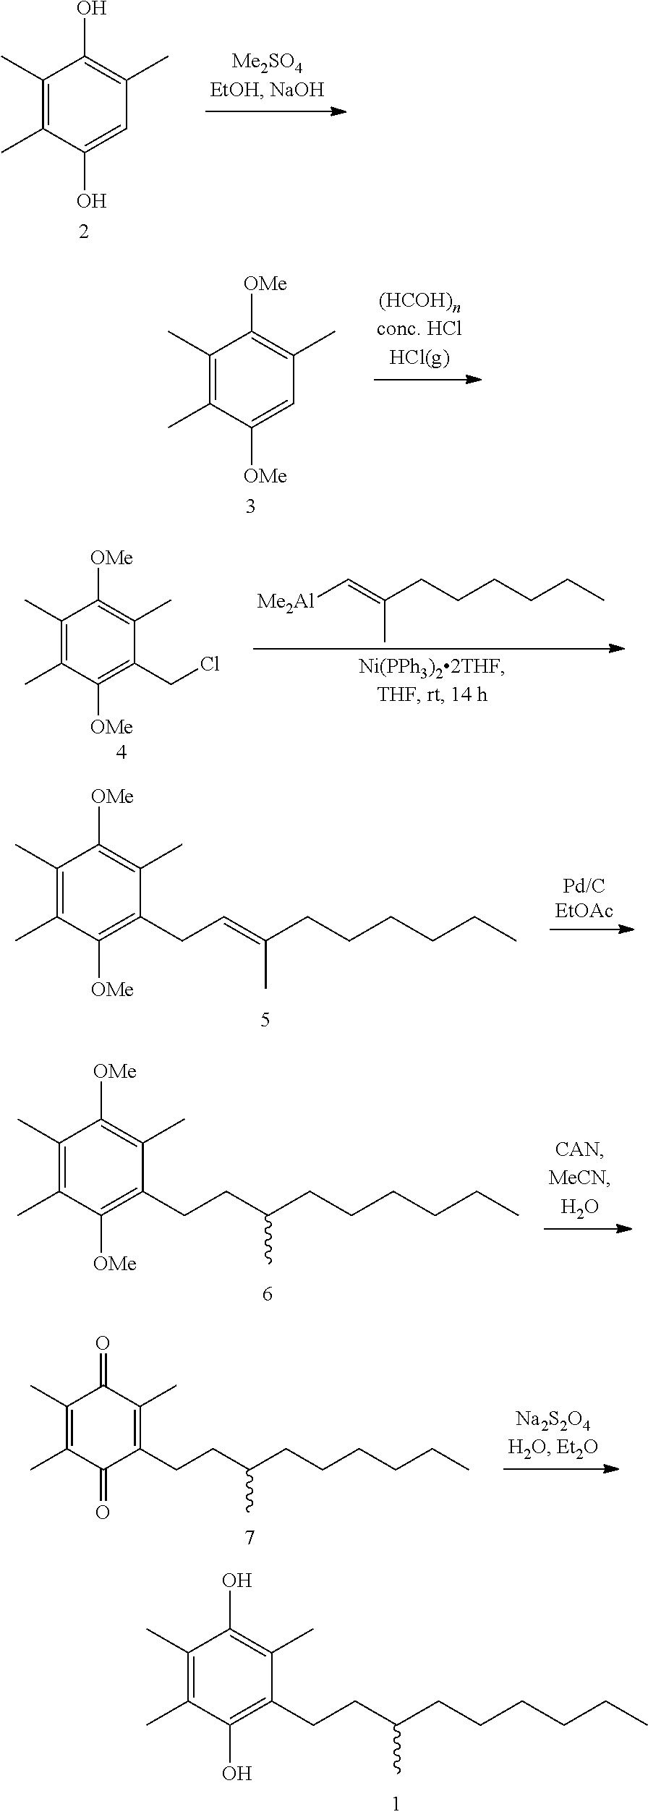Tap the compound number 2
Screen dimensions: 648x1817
tap(84, 232)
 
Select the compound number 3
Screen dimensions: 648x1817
tap(250, 506)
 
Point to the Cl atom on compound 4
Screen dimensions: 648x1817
tap(210, 664)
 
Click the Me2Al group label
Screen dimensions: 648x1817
tap(286, 601)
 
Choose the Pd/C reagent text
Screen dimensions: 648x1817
tap(584, 885)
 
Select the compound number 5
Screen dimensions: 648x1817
tap(265, 1020)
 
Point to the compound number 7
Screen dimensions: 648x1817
tap(250, 1537)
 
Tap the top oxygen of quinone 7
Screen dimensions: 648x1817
tap(103, 1344)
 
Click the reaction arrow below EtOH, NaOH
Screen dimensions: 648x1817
tap(276, 111)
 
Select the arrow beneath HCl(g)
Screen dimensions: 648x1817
tap(428, 379)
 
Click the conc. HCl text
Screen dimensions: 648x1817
tap(419, 329)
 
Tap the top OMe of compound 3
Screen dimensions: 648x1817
tap(265, 284)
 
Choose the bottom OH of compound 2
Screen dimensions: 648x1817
tap(91, 200)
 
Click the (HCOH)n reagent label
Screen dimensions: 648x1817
tap(419, 302)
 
